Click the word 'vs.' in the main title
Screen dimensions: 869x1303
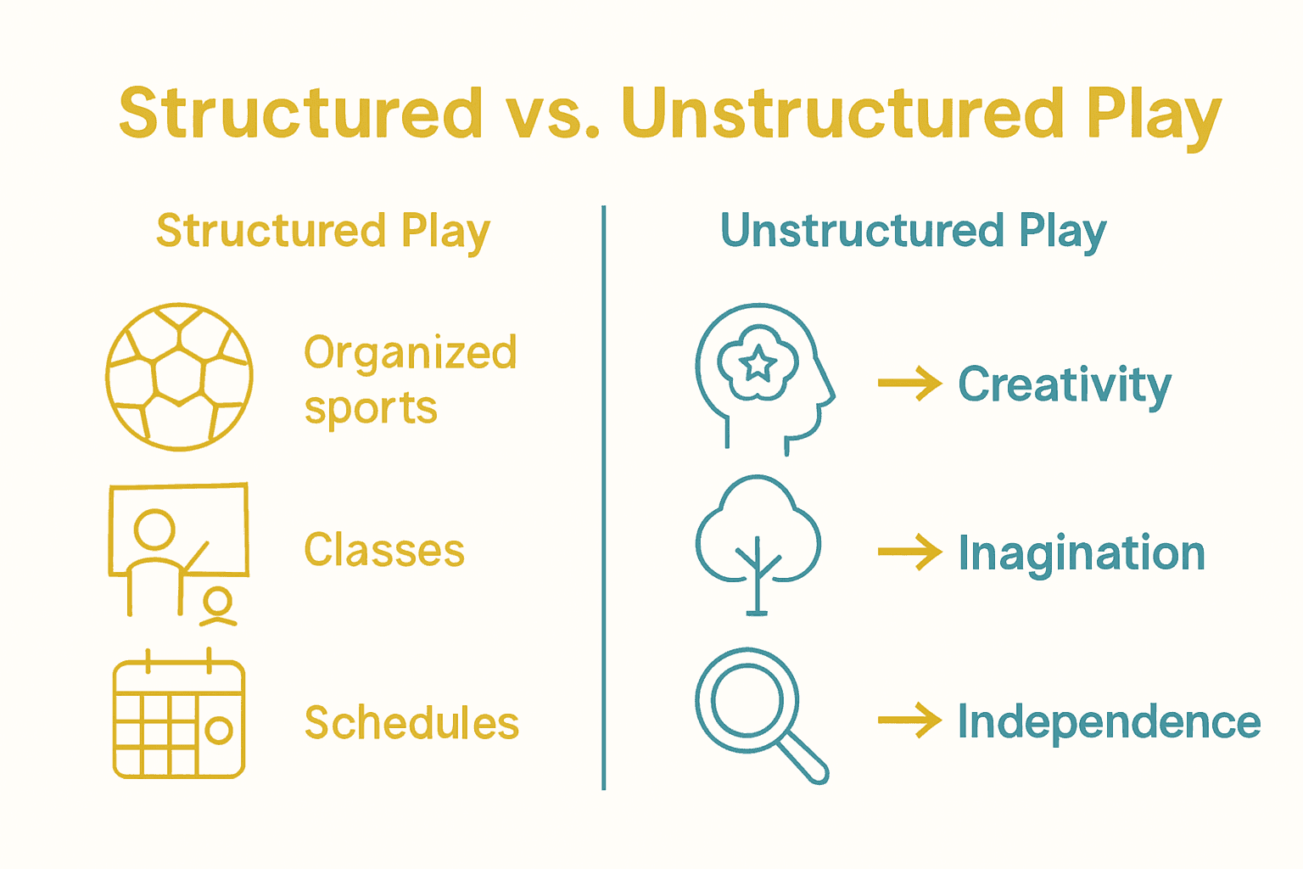click(x=552, y=114)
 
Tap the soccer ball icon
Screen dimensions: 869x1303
click(x=179, y=377)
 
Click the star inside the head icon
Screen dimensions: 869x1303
click(x=758, y=364)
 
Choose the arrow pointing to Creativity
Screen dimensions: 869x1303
click(x=909, y=384)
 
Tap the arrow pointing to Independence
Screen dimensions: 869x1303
click(x=909, y=721)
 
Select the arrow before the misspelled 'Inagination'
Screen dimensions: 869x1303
click(x=909, y=552)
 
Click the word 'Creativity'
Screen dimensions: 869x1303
click(x=1064, y=385)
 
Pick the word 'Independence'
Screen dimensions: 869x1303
click(x=1108, y=722)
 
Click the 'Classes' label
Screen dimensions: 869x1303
click(x=384, y=550)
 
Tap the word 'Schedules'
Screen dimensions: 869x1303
click(x=411, y=723)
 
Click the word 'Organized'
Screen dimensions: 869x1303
click(x=411, y=353)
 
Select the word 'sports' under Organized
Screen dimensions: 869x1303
click(x=371, y=409)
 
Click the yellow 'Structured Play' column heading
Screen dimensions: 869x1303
click(x=323, y=232)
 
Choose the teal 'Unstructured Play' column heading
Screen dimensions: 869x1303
click(x=913, y=232)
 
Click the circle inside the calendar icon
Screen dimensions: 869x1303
click(x=219, y=730)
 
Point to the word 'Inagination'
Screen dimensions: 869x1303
click(x=1081, y=553)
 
